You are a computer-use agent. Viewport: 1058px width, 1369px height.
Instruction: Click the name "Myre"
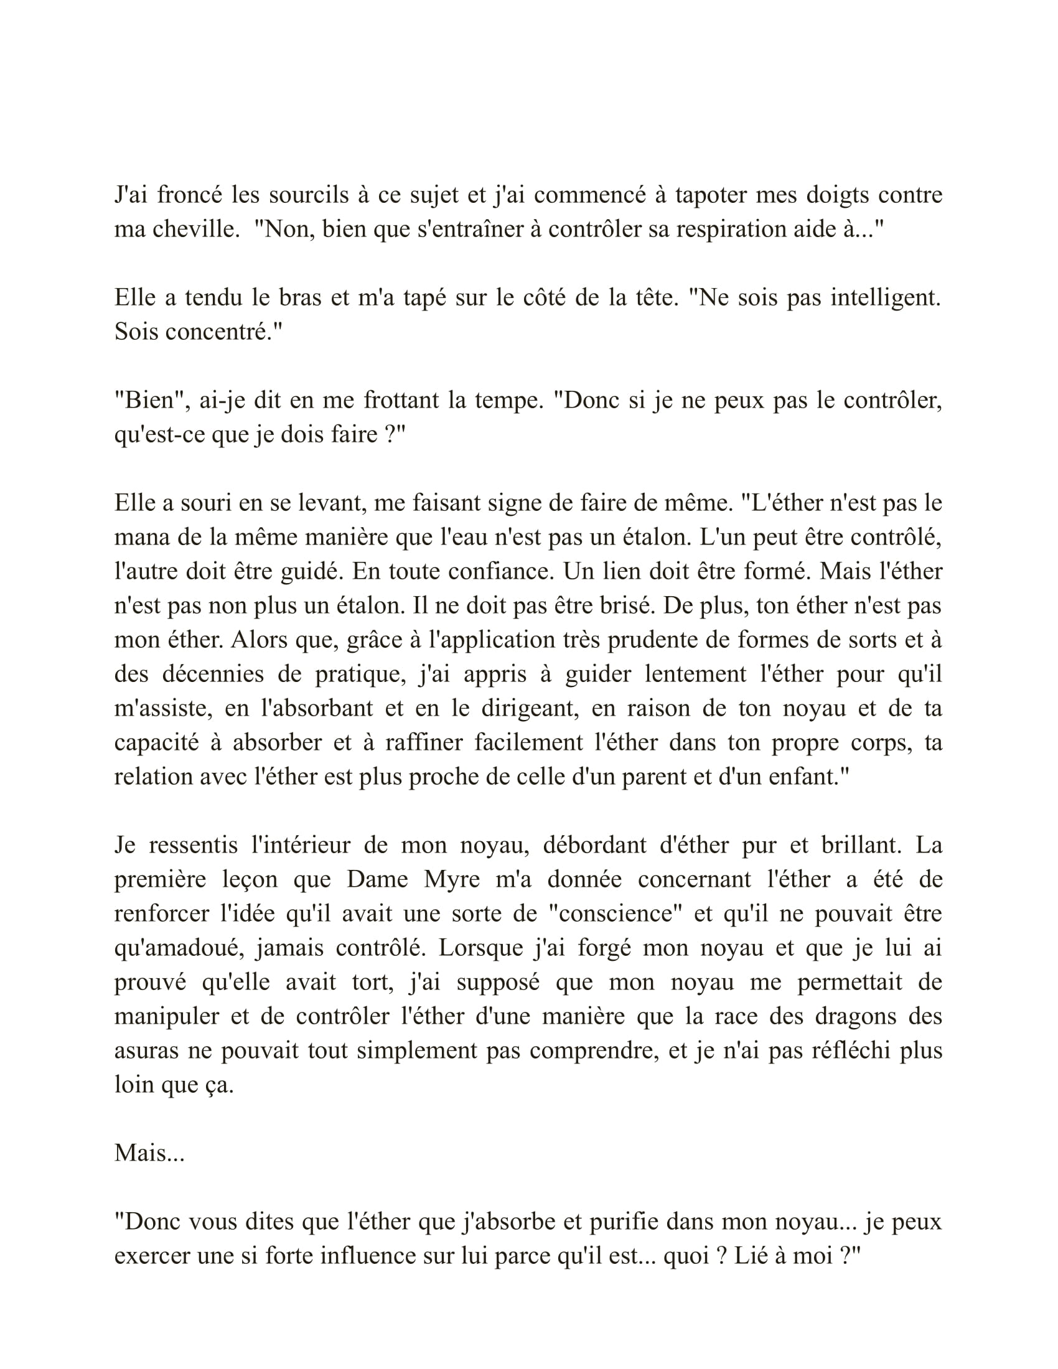[451, 879]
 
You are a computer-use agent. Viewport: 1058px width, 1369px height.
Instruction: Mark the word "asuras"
[146, 1050]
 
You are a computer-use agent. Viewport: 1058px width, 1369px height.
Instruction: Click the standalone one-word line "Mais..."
[149, 1152]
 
